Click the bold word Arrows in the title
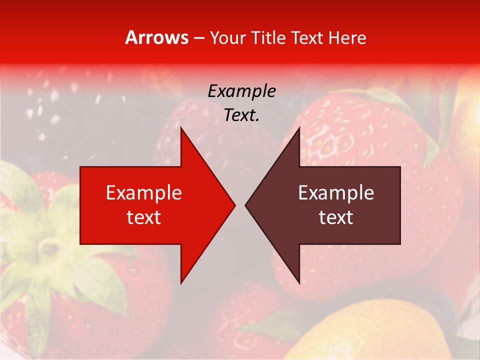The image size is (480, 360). (157, 38)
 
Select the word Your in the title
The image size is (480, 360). (227, 38)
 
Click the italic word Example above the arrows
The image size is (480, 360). (241, 91)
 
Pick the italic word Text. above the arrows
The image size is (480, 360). (241, 115)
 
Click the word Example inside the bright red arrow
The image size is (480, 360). (144, 193)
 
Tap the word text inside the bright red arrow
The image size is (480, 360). (144, 217)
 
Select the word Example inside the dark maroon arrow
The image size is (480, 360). (336, 193)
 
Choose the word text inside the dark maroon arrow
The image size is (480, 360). (336, 217)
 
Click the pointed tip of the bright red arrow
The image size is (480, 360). (234, 205)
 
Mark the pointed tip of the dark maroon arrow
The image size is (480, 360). (246, 205)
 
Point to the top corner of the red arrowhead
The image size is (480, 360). (181, 128)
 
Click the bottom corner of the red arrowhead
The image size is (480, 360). (181, 282)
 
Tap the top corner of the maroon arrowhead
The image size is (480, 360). (299, 128)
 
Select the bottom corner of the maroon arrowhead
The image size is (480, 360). (299, 282)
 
